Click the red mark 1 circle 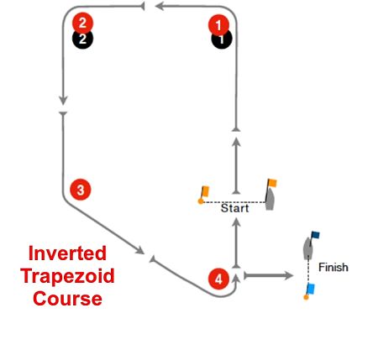coord(218,25)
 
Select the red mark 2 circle coord(82,23)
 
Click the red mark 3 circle coord(81,190)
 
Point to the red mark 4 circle coord(218,279)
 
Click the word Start coord(234,208)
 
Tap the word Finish coord(333,268)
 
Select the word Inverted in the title coord(67,253)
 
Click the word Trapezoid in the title coord(67,276)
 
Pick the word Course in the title coord(67,299)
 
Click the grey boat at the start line coord(270,199)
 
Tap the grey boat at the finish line coord(308,248)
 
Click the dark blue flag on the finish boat coord(316,235)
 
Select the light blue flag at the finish coord(311,289)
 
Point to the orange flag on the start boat coord(272,183)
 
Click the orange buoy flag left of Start coord(205,191)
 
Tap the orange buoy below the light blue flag coord(306,297)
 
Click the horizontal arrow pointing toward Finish coord(268,276)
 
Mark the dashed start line coord(233,202)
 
